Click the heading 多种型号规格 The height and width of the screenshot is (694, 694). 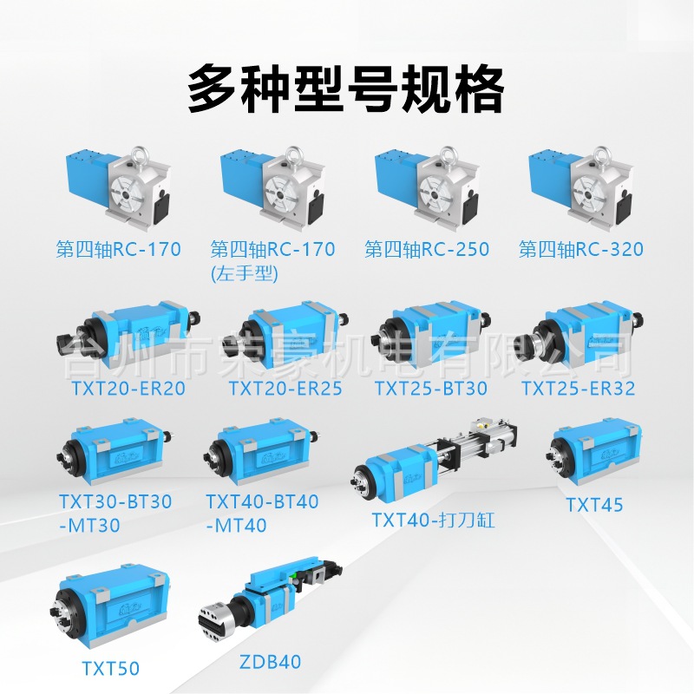[x=346, y=88]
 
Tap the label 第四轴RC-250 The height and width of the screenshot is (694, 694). [x=427, y=250]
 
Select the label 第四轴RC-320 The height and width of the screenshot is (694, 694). [x=581, y=250]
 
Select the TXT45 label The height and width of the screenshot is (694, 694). [x=594, y=504]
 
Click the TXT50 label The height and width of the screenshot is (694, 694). [x=110, y=667]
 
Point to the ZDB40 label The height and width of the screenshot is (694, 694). [x=269, y=662]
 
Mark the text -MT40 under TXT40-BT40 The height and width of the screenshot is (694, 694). [x=236, y=525]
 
